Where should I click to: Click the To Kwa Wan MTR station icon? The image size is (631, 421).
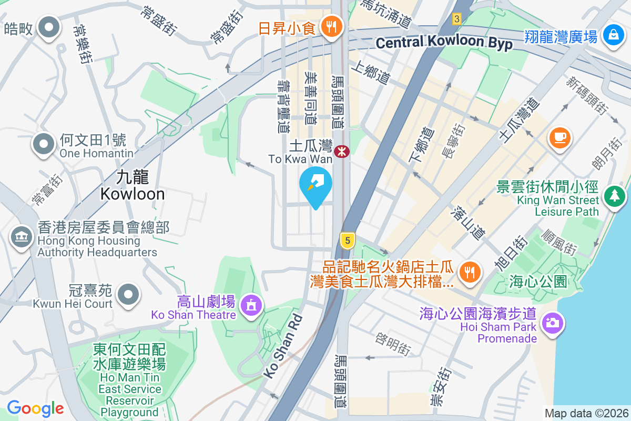[342, 152]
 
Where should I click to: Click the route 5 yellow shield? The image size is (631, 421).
[346, 240]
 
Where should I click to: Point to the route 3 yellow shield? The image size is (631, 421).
[456, 19]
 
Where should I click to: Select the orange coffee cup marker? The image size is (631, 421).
[559, 138]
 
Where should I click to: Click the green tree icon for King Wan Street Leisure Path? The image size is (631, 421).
[615, 196]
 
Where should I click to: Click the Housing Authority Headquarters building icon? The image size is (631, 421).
[22, 237]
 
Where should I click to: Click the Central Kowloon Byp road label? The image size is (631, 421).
[444, 43]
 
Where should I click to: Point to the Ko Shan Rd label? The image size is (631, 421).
[283, 346]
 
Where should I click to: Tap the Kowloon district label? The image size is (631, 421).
[133, 185]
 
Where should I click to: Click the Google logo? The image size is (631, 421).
[35, 408]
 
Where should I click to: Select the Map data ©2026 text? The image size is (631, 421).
[586, 413]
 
